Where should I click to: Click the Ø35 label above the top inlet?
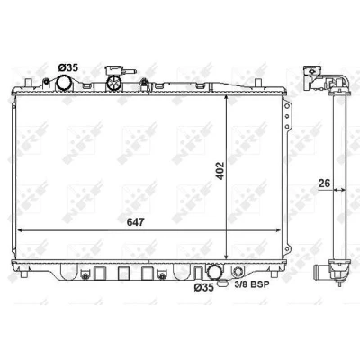(x=68, y=67)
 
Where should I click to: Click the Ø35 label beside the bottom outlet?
(x=204, y=288)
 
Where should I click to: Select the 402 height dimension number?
(x=220, y=171)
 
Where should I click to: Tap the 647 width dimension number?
(x=136, y=222)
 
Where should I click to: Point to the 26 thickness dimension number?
(x=324, y=183)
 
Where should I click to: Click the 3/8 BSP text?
(x=252, y=284)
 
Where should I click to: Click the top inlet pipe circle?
(x=64, y=83)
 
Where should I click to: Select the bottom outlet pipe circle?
(x=215, y=271)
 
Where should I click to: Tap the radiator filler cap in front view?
(x=114, y=83)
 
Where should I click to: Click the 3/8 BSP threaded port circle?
(x=238, y=271)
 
